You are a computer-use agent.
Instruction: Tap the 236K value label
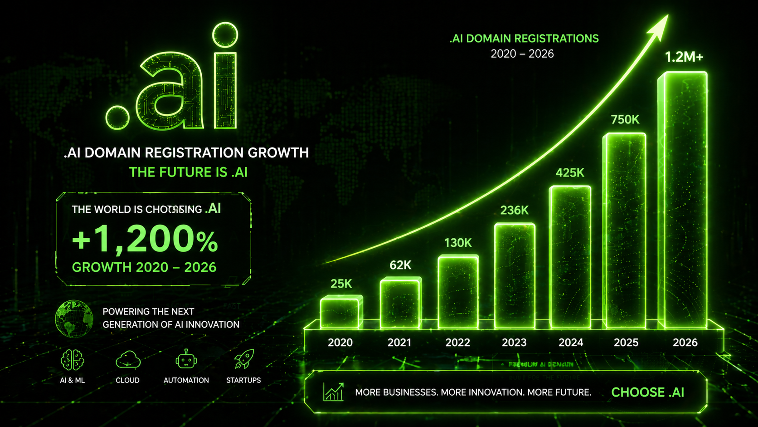514,211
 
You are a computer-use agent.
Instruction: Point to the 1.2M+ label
684,57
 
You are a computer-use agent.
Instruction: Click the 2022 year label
457,343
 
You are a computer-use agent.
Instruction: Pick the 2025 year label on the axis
626,343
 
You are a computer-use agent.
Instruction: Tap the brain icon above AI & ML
73,360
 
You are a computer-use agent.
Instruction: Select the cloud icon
128,360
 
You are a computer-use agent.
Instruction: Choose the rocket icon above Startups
244,359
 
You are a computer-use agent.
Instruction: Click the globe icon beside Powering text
74,319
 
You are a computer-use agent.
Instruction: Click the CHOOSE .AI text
647,393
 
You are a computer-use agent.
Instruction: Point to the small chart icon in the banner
333,392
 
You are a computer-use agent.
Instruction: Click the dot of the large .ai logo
117,118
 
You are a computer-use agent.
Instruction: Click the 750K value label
625,120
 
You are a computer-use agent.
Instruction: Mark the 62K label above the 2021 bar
400,265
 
